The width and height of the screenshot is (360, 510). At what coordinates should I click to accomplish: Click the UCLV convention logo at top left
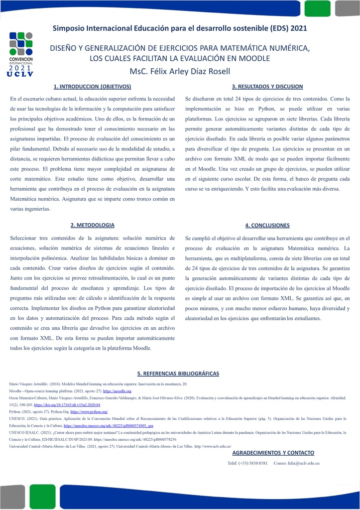click(20, 54)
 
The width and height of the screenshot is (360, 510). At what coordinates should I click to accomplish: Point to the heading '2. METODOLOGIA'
click(92, 225)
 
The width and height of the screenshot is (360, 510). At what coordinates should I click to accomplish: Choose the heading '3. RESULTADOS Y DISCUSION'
click(267, 86)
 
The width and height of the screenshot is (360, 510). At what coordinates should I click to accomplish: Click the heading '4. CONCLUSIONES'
click(267, 225)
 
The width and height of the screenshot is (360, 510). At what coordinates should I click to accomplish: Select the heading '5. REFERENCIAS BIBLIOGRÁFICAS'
click(178, 374)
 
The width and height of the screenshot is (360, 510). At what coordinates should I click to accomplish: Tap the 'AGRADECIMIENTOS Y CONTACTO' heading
click(273, 453)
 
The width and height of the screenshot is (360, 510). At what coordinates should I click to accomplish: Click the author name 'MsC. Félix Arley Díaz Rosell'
click(180, 71)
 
